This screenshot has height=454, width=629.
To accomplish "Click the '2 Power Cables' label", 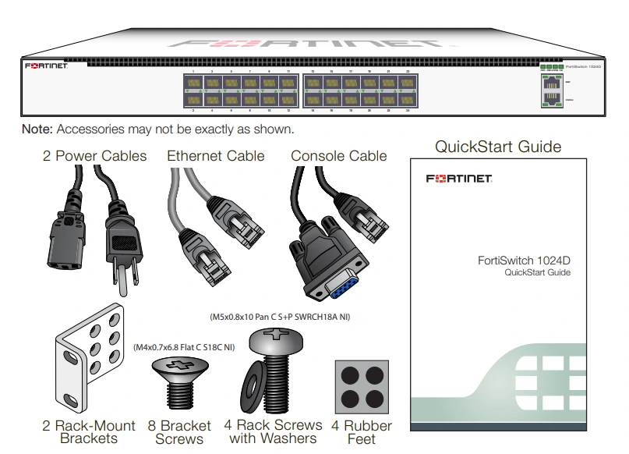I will click(94, 156).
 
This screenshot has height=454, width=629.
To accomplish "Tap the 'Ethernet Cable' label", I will click(215, 156).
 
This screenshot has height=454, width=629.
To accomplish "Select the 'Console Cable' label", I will click(338, 156).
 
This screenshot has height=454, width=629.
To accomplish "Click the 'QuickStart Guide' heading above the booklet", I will click(497, 147).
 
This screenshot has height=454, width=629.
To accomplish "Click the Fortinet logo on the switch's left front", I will click(46, 67).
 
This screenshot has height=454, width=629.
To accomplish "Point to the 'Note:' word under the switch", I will click(36, 129).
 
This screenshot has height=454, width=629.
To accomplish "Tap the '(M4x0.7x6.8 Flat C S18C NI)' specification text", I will click(183, 348).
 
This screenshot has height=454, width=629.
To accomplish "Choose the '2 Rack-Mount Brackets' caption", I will click(89, 432).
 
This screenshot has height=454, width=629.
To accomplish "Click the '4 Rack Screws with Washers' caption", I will click(274, 431).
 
